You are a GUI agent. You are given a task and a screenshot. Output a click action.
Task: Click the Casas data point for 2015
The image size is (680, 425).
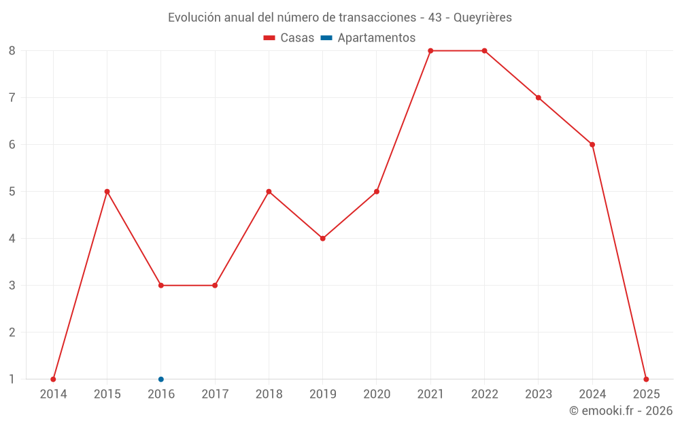[x=107, y=192]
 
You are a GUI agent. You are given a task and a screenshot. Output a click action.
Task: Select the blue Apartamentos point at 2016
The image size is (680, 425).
[x=161, y=379]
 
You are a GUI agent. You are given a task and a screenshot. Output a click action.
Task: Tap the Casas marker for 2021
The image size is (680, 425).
[x=430, y=51]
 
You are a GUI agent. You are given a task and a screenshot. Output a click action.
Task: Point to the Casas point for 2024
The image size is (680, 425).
[x=592, y=145]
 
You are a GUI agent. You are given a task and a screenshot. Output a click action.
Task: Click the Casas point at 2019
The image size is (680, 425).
[x=323, y=239]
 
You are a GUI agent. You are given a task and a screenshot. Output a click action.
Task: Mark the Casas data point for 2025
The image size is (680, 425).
[x=646, y=379]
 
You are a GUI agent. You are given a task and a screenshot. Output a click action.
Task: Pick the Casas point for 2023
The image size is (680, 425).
[x=539, y=98]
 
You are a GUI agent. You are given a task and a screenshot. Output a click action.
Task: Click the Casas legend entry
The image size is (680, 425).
[x=289, y=38]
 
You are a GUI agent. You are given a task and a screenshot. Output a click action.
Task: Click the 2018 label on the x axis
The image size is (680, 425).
[x=269, y=394]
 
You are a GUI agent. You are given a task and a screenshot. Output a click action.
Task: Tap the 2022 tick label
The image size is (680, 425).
[x=484, y=394]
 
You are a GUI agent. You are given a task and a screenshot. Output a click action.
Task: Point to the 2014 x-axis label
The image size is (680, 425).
[x=53, y=394]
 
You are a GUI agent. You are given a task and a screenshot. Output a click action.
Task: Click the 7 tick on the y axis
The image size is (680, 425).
[x=12, y=98]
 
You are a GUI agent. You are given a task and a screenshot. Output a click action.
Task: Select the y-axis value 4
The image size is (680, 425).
[x=12, y=239]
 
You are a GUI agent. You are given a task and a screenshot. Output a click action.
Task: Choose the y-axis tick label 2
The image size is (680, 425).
[x=12, y=333]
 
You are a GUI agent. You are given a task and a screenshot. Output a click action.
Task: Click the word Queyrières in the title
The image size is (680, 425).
[x=483, y=18]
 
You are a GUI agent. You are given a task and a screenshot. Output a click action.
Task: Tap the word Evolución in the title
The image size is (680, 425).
[x=194, y=18]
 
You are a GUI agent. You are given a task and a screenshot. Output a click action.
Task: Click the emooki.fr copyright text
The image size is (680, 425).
[x=621, y=411]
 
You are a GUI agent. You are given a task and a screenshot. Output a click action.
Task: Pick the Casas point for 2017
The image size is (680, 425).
[x=215, y=286]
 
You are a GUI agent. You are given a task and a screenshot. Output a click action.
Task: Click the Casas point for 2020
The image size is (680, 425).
[x=377, y=192]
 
